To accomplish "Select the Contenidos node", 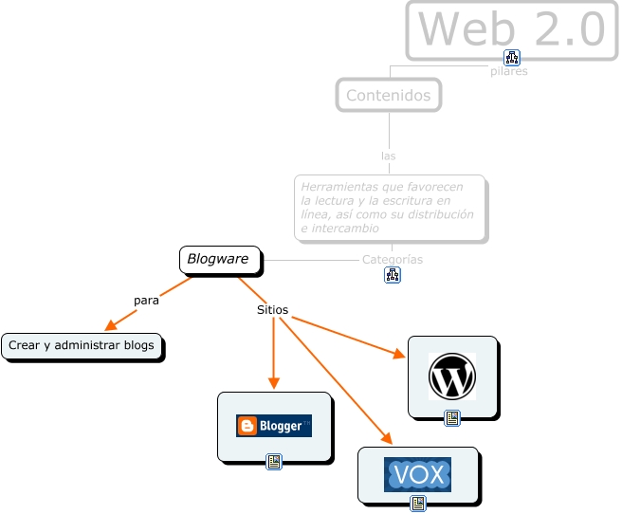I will pos(388,95).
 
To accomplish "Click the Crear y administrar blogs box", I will pos(82,346).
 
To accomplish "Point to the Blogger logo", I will pos(274,426).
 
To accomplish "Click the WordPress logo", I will pos(452,376).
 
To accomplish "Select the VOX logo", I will pos(417,474).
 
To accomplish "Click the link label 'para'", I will pos(146,300).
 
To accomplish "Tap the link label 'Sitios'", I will pos(273,310).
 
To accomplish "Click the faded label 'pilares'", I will pos(509,71).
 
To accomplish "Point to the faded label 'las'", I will pos(388,156).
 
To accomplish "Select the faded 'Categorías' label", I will pos(393,259).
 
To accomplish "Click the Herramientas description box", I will pos(389,207).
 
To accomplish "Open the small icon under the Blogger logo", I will pos(274,462).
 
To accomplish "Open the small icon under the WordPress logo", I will pos(452,417).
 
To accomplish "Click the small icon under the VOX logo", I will pos(417,504).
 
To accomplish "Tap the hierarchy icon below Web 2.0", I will pos(512,57).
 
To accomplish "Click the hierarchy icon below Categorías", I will pos(393,275).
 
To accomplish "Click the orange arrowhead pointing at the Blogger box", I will pos(273,382).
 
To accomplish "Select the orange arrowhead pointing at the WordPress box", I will pos(398,355).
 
